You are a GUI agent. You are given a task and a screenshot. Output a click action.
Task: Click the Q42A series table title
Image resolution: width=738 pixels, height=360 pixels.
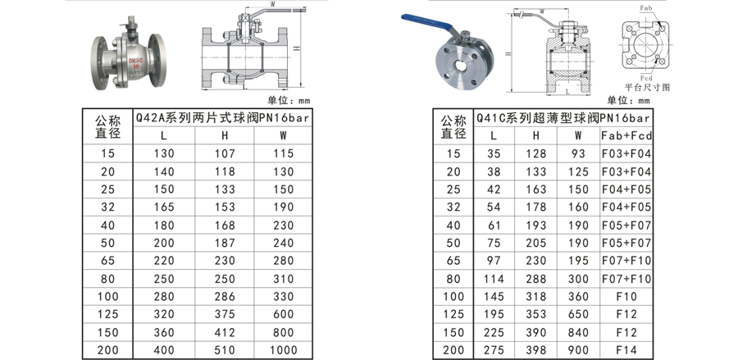(x=223, y=117)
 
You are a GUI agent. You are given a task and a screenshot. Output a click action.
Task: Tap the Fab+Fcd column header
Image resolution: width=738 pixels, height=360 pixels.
(x=626, y=135)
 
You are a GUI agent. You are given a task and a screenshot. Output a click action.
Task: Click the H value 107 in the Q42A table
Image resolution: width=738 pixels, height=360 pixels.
(x=224, y=153)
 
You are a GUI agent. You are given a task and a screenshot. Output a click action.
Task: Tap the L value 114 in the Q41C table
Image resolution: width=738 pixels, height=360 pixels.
(x=494, y=279)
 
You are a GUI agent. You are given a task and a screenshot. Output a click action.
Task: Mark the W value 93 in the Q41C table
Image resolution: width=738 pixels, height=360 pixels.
(x=578, y=153)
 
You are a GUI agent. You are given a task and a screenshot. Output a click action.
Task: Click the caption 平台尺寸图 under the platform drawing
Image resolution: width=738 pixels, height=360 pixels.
(x=647, y=86)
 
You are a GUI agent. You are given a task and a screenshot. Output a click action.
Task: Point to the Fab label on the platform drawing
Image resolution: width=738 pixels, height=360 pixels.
(x=647, y=8)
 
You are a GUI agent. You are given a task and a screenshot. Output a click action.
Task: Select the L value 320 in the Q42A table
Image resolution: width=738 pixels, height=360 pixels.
(x=164, y=315)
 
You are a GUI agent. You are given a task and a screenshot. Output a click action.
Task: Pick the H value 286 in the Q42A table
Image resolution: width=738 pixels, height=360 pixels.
(x=224, y=297)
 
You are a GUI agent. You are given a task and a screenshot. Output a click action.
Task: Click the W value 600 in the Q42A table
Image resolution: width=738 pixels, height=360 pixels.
(x=283, y=315)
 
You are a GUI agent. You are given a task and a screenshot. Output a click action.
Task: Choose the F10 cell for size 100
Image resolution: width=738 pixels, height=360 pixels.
(x=626, y=297)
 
